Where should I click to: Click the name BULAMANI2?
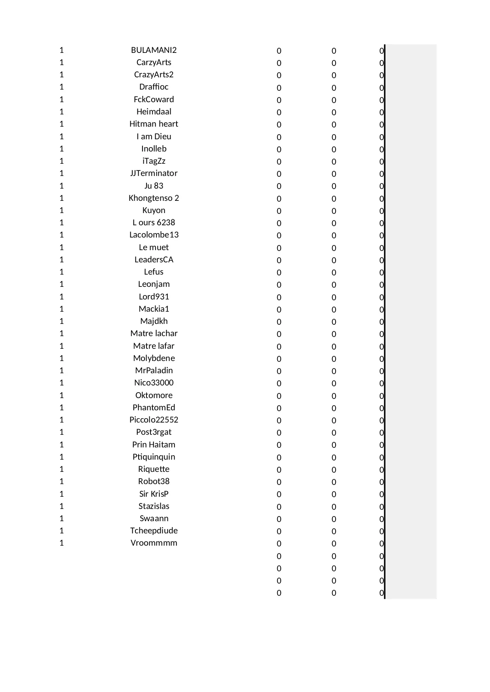(x=154, y=50)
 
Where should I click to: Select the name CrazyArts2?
(x=154, y=75)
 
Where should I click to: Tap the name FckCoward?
(x=154, y=99)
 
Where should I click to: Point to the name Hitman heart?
(x=154, y=124)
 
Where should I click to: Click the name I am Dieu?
(x=154, y=137)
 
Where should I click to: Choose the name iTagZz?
(x=154, y=161)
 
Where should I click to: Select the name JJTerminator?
(x=154, y=173)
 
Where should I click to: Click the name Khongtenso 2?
(x=154, y=198)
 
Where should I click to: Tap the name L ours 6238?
(x=154, y=223)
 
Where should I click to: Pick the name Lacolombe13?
(x=154, y=235)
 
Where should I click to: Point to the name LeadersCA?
(x=154, y=260)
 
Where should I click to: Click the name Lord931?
(x=154, y=297)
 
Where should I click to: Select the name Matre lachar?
(x=154, y=333)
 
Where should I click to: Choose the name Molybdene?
(x=154, y=358)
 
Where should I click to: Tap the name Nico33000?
(x=154, y=383)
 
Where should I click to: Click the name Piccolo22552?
(x=154, y=420)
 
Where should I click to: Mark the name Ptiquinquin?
(x=154, y=457)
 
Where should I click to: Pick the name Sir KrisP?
(x=154, y=494)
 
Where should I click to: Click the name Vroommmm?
(x=154, y=543)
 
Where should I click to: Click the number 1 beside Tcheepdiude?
(x=62, y=531)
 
